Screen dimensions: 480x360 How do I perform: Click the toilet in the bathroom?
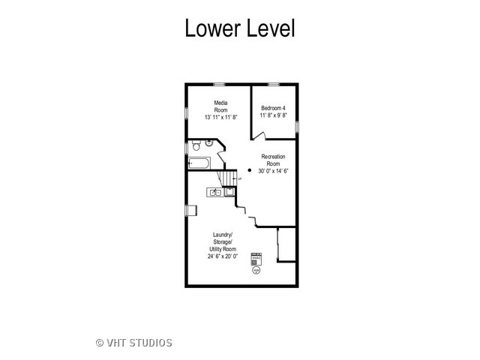coord(196,145)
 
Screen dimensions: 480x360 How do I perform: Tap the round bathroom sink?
coord(208,143)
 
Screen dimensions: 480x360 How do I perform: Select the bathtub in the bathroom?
coord(199,163)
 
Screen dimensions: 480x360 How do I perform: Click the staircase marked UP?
coord(228,178)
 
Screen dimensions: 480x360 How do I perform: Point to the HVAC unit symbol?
coord(256,259)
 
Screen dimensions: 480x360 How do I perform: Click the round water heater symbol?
coord(256,271)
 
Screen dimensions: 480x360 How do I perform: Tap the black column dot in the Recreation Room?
coord(250,170)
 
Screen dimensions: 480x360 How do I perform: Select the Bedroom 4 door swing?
coord(259,136)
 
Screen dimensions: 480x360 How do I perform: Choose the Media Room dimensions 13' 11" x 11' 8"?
coord(221,117)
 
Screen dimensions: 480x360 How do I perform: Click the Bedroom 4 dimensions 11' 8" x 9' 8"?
coord(273,115)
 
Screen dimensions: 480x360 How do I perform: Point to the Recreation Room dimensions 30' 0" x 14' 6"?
coord(273,171)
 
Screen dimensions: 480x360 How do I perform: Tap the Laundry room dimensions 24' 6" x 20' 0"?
coord(223,256)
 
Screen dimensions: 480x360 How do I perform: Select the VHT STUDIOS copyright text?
coord(134,343)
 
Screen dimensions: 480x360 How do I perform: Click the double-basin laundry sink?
coord(215,192)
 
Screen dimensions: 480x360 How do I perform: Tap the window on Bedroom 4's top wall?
coord(273,84)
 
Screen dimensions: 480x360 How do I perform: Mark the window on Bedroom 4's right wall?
coord(297,127)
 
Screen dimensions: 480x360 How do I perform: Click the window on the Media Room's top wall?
coord(219,84)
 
